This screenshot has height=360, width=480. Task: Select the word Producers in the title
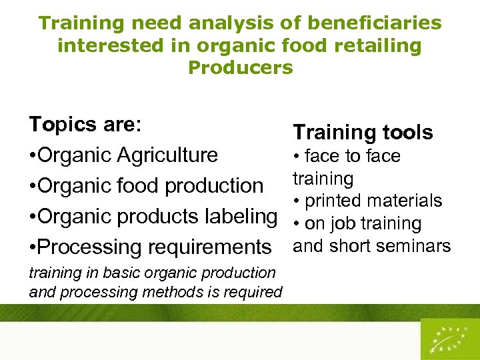tap(241, 67)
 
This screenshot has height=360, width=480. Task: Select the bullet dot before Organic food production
tap(33, 186)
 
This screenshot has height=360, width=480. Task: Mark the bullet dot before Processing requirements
tap(33, 247)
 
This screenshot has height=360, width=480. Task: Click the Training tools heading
tap(363, 132)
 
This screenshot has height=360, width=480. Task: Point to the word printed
tap(336, 201)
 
